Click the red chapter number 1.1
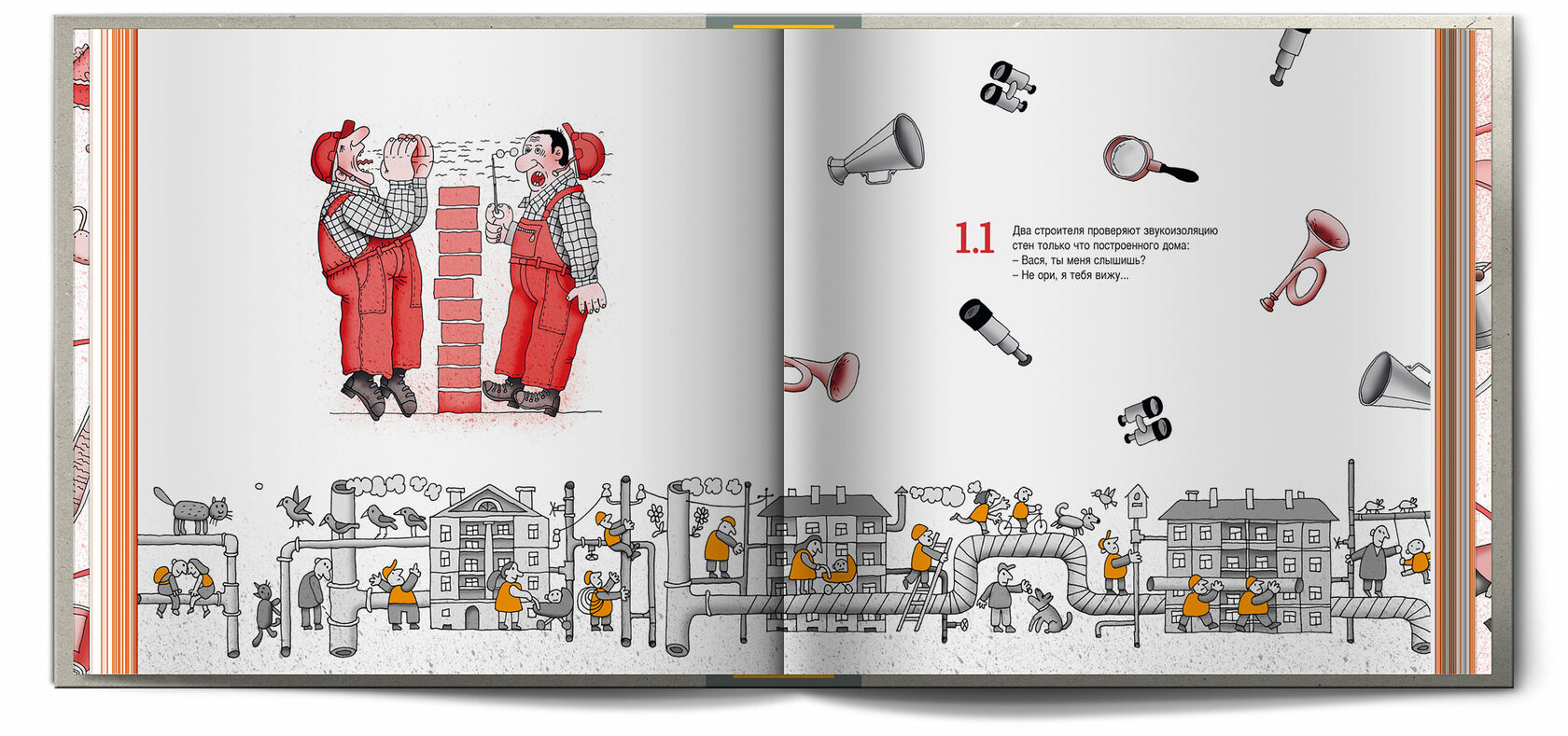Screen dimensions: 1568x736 (974, 239)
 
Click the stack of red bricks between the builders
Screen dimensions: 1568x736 (459, 299)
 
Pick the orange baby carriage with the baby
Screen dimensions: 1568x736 (837, 575)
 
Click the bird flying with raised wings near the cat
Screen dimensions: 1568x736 (295, 507)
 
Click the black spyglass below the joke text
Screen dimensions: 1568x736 (994, 331)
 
